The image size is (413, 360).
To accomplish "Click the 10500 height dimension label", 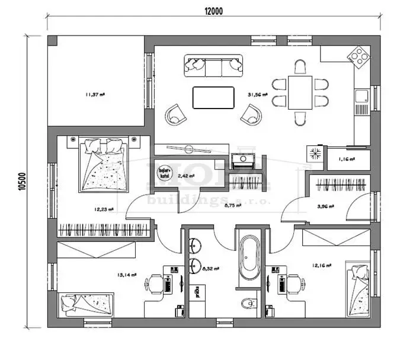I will [x=22, y=180].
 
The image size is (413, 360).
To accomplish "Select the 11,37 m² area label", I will [x=95, y=94].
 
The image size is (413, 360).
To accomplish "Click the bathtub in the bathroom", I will [x=249, y=259].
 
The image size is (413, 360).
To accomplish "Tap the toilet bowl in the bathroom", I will [x=249, y=304].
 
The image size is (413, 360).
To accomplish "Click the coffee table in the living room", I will [x=213, y=97].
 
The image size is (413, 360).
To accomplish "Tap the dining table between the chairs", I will [x=300, y=92].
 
